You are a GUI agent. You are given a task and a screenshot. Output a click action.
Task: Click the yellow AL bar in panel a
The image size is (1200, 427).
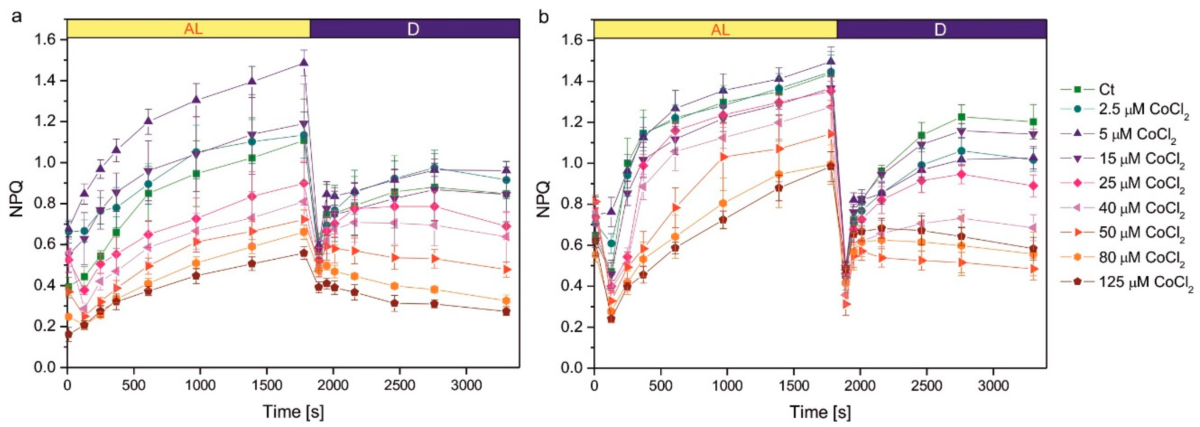[188, 29]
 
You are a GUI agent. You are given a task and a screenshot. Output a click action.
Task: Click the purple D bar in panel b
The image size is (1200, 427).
[941, 29]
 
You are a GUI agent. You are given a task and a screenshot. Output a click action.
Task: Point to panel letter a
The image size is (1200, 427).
[17, 17]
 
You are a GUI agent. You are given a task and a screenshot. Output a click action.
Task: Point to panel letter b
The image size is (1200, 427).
[544, 17]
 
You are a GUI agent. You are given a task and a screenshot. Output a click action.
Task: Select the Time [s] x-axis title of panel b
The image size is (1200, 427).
[820, 412]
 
